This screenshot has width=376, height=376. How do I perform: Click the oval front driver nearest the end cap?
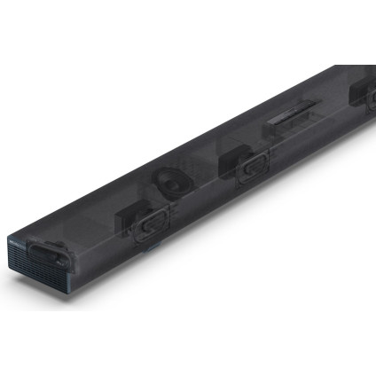coord(149,223)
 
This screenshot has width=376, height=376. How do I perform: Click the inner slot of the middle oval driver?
coord(253,167)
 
